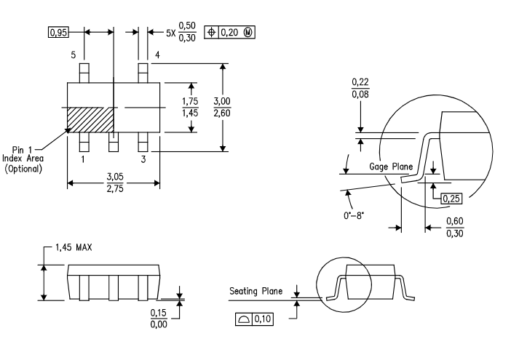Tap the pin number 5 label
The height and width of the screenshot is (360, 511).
(74, 55)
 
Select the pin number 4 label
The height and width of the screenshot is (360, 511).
(157, 55)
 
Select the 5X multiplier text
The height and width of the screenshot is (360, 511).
(171, 33)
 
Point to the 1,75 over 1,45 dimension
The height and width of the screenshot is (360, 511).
(191, 107)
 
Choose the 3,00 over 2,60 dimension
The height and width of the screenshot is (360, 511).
(223, 107)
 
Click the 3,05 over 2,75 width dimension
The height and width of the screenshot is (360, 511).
(114, 183)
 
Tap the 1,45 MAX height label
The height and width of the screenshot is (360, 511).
(79, 249)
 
